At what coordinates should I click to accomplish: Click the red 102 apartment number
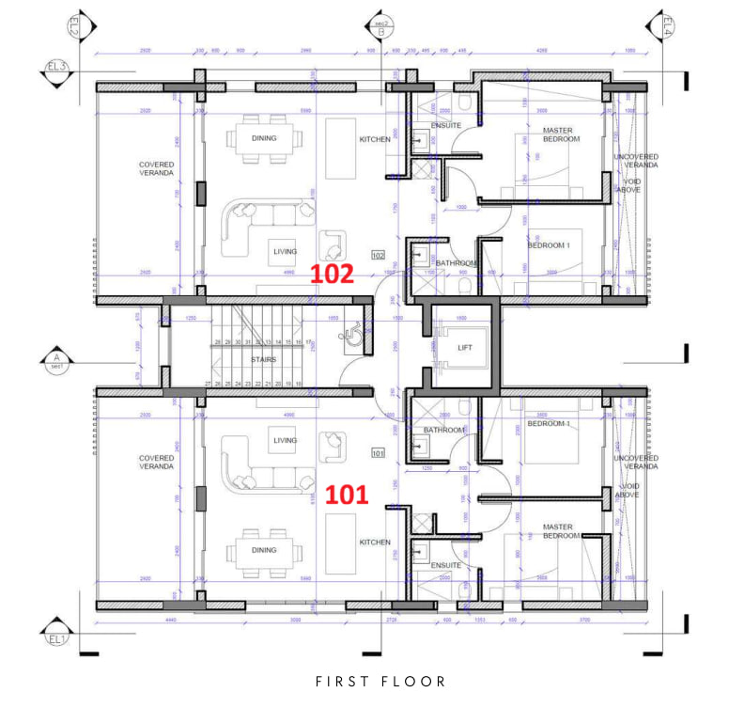click(x=333, y=274)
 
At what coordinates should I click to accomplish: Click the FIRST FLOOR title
click(x=380, y=681)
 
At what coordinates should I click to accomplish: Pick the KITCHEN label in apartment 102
click(x=375, y=139)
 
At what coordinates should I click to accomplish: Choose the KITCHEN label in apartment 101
click(x=375, y=543)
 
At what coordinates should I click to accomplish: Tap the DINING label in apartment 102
click(x=264, y=137)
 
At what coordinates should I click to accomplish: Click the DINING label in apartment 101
click(x=264, y=550)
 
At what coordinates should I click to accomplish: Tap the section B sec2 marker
click(x=381, y=27)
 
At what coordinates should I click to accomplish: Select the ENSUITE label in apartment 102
click(x=446, y=125)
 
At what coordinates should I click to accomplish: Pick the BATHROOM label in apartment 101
click(x=444, y=430)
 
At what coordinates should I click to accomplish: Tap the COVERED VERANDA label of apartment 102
click(x=157, y=168)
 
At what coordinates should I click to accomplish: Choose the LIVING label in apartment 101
click(x=285, y=440)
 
